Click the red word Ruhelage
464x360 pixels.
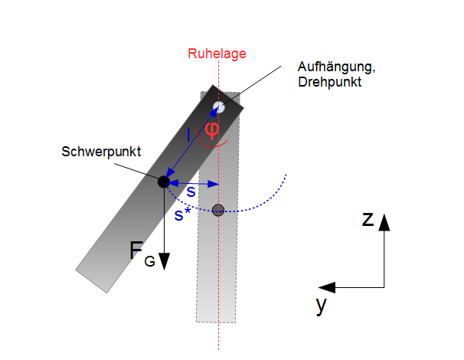217,54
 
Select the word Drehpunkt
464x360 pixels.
330,82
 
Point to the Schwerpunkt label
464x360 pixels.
101,152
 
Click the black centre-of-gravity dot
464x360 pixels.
164,182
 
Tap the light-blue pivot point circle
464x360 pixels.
219,107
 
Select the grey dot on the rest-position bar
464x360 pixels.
218,210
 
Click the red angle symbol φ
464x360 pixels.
212,129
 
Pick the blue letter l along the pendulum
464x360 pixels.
188,135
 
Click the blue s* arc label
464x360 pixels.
182,214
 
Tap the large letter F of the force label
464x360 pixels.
136,250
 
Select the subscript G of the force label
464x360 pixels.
150,261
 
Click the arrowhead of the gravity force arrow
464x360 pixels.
164,261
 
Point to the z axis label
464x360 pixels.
368,219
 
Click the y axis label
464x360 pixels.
321,306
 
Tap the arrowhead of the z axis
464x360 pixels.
384,222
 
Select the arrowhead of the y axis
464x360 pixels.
327,287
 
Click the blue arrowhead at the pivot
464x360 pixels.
215,112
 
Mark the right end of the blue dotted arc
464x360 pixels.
286,175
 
